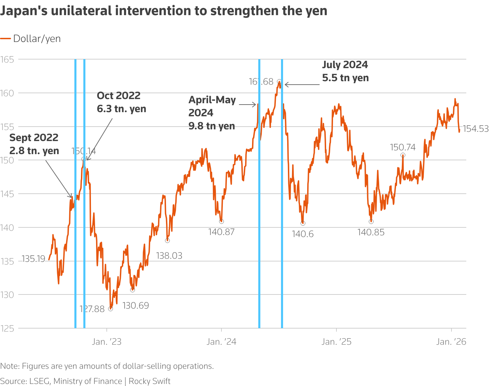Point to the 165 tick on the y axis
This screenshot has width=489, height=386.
tap(7, 60)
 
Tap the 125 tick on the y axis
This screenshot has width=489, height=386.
tap(7, 329)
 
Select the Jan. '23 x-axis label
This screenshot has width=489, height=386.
tap(107, 342)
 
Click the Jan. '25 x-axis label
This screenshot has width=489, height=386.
tap(336, 342)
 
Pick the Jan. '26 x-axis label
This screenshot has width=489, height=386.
tap(451, 342)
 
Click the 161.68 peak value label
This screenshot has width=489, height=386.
tap(261, 82)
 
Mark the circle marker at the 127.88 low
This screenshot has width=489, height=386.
tap(111, 309)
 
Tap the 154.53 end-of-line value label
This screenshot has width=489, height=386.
tap(476, 129)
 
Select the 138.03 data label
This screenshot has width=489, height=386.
tap(169, 256)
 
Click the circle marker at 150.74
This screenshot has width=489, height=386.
tap(403, 156)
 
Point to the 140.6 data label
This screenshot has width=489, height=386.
tap(303, 234)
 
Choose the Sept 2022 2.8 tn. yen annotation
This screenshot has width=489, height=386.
tap(34, 144)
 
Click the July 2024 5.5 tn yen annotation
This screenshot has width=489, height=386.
tap(345, 71)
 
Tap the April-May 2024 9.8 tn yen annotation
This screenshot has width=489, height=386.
tap(212, 113)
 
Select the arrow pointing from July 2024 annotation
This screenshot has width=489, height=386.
tap(302, 84)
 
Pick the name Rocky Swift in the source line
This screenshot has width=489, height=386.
tap(149, 381)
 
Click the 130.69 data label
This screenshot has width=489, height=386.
tap(136, 305)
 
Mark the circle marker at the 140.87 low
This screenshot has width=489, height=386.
tap(221, 222)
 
